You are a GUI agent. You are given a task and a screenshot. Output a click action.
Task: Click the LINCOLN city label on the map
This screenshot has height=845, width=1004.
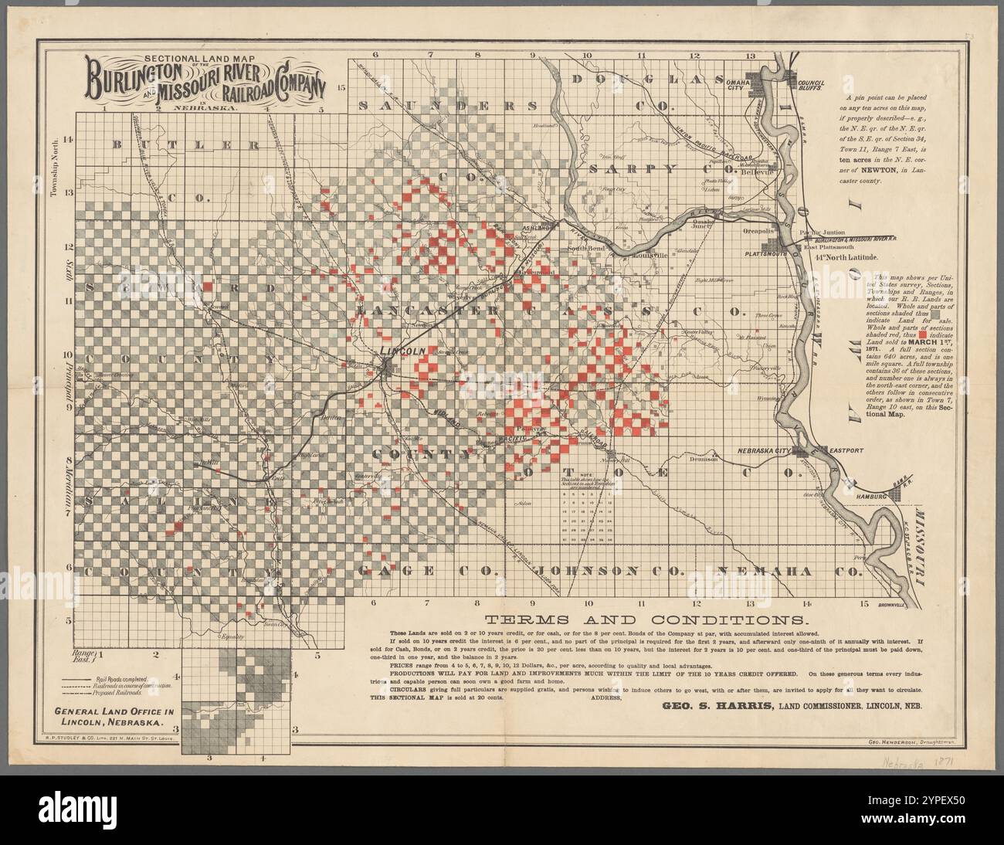click(402, 351)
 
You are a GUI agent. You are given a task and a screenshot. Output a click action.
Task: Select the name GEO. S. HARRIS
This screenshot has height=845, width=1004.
click(707, 704)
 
